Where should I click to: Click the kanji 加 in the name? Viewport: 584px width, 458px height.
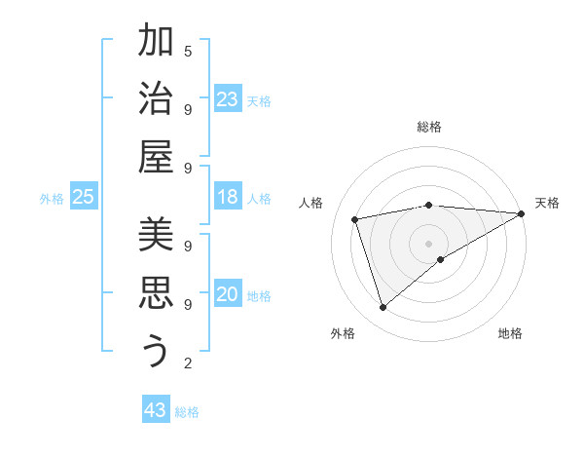coord(156,42)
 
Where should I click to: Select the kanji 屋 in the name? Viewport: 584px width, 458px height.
coord(156,158)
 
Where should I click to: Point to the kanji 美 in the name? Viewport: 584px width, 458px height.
coord(156,234)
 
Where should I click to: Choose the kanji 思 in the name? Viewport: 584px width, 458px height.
coord(156,292)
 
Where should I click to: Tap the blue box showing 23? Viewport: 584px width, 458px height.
coord(228,99)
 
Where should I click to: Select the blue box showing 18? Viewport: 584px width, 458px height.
coord(228,197)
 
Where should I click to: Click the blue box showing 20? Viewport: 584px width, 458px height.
coord(228,294)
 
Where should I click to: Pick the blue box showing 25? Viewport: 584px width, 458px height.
coord(83,197)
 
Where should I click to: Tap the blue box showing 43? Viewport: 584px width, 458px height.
coord(156,410)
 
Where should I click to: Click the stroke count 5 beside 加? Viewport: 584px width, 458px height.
coord(188,51)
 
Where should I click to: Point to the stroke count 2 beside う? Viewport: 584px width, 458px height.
coord(188,363)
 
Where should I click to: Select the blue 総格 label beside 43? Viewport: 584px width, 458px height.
coord(187,412)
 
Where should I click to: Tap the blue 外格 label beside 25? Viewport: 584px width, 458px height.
coord(52,199)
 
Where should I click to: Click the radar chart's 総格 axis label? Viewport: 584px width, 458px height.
coord(428,127)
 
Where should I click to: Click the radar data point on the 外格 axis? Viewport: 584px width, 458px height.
coord(383,308)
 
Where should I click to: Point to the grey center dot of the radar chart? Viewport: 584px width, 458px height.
coord(428,243)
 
